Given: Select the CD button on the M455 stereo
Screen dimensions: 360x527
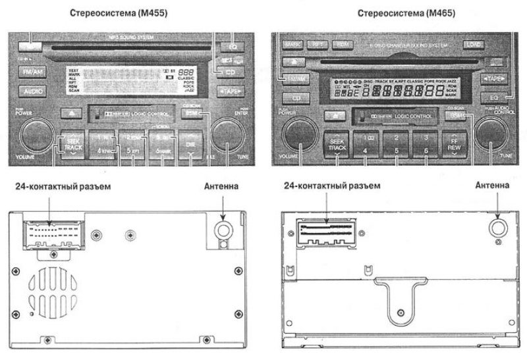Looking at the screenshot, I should tap(230, 71).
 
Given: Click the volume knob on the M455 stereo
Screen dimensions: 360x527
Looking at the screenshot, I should tap(35, 136).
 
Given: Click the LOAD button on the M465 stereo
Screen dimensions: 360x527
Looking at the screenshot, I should tap(473, 45).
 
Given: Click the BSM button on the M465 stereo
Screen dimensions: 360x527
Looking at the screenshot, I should tap(456, 115).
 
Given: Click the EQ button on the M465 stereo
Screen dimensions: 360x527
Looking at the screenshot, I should tap(493, 97).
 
